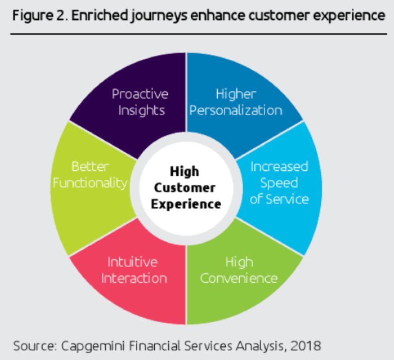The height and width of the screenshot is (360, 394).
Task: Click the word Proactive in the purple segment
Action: [140, 94]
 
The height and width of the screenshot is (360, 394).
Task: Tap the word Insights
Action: [141, 111]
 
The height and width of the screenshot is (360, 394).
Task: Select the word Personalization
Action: [236, 111]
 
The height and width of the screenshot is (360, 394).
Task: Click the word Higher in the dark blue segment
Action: [236, 94]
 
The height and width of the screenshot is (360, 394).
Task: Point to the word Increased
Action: [279, 166]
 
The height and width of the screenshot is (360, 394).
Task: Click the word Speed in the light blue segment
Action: [279, 183]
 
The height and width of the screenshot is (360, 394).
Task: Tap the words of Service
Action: [279, 199]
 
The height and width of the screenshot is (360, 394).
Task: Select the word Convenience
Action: [239, 278]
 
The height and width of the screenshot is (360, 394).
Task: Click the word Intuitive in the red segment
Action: [132, 262]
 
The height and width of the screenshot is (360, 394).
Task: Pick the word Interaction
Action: [134, 278]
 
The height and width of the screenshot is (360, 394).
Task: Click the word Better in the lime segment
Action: [90, 166]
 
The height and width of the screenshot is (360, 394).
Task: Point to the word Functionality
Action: [90, 183]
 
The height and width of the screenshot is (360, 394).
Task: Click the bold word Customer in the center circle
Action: [185, 188]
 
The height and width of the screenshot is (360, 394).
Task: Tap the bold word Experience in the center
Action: [186, 204]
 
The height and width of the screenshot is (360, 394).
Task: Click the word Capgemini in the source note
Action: [93, 346]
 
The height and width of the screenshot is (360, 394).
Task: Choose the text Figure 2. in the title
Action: [40, 16]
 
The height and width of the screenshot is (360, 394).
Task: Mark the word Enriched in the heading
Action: [100, 15]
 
